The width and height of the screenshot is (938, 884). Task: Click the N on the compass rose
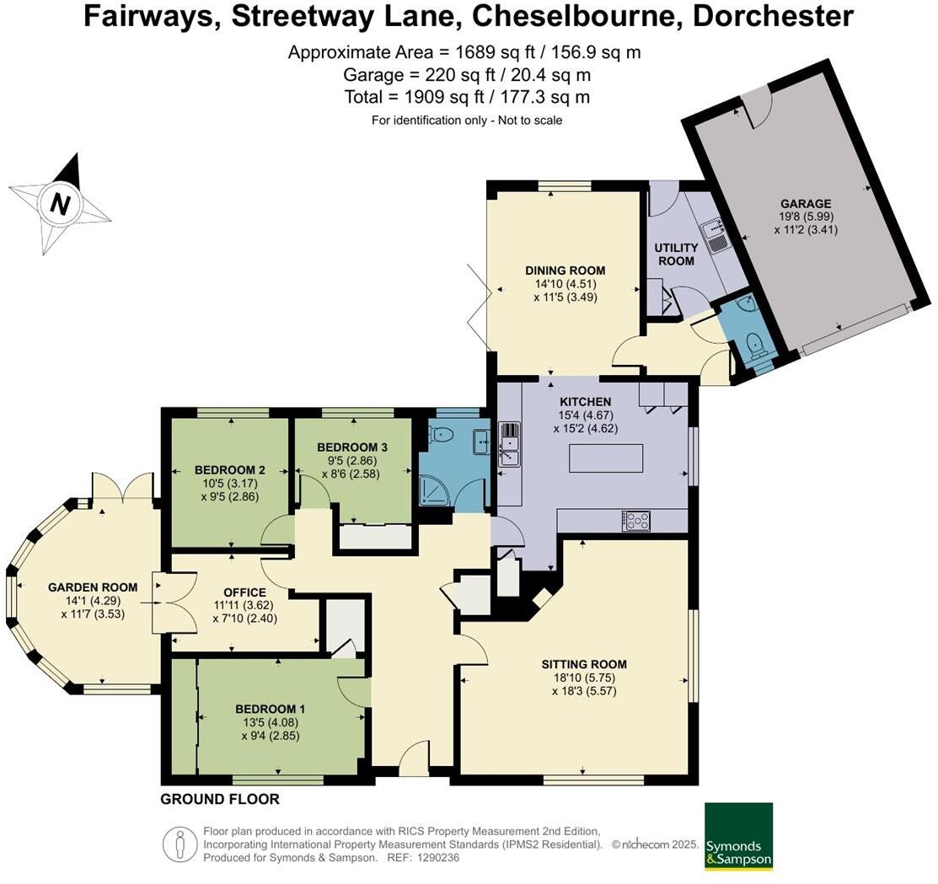pos(59,203)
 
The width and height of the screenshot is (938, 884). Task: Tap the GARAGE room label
pos(806,203)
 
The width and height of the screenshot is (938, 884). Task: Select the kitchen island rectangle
pos(606,458)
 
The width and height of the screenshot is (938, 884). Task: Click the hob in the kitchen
pos(636,520)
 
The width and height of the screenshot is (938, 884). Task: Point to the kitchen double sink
pos(509,444)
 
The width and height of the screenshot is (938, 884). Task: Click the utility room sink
pos(716,235)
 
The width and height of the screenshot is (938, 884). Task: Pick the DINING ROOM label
pos(565,271)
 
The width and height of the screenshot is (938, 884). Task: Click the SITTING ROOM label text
pos(584,664)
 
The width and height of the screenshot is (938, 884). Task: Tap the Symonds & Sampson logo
pos(739,836)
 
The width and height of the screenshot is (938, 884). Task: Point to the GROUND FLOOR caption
pos(220,799)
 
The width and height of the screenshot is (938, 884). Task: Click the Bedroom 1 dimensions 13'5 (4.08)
pos(271,722)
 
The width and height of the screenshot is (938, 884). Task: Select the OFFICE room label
pos(244,592)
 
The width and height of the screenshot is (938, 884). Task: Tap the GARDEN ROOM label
pos(93,587)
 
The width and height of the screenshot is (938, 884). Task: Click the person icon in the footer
pos(180,844)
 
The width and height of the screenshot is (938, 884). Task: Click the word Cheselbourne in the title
pos(577,16)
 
